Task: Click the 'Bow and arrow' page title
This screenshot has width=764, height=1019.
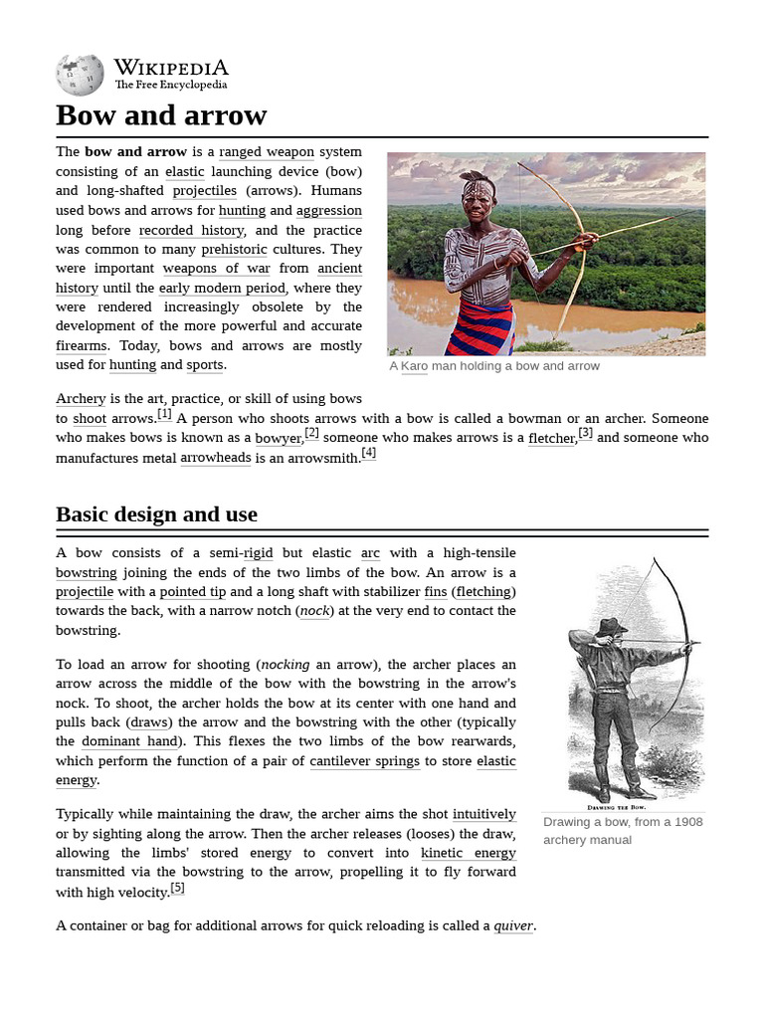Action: (161, 115)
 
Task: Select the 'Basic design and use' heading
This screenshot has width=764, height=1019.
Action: (156, 514)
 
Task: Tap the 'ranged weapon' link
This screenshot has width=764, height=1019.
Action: (267, 152)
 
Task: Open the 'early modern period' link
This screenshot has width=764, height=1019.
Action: (222, 288)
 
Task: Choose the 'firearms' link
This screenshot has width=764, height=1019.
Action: (81, 345)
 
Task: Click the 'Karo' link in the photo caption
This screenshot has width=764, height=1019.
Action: (414, 366)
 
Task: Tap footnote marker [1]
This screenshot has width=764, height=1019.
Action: (164, 414)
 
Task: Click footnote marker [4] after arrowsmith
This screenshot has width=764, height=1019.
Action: (369, 453)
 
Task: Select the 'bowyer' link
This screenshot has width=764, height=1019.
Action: (279, 438)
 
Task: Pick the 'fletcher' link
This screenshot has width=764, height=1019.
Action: (551, 438)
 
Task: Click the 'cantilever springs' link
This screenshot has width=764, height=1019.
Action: (366, 761)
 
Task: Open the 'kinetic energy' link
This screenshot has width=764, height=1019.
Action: (468, 853)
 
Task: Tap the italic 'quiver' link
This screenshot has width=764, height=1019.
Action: (513, 926)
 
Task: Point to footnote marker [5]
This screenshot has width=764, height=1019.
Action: (177, 888)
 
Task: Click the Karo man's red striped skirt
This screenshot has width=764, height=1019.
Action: (480, 328)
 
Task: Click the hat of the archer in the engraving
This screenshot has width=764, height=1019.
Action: (610, 626)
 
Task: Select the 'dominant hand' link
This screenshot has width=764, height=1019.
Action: (129, 741)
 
